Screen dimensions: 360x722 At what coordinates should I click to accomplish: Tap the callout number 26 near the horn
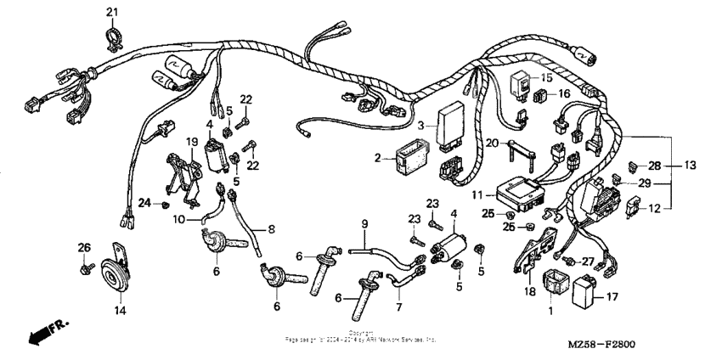(83, 248)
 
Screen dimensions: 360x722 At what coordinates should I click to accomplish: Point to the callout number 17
(613, 298)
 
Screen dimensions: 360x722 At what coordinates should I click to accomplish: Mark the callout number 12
(655, 208)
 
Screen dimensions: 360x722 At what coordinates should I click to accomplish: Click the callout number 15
(546, 76)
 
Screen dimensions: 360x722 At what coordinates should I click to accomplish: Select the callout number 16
(563, 95)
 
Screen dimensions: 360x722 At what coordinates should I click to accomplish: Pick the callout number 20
(492, 143)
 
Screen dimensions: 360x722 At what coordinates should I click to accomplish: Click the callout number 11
(477, 195)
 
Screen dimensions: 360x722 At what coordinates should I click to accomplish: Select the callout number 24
(144, 202)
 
